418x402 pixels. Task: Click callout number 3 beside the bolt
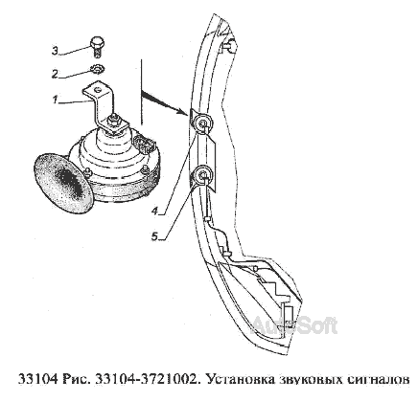coord(56,51)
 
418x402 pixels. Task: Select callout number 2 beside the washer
coord(56,74)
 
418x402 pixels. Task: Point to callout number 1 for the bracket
coord(55,100)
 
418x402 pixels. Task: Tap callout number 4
coord(154,211)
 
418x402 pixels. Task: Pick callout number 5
coord(154,236)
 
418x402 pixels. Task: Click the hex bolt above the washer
coord(97,47)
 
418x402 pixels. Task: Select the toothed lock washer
coord(97,70)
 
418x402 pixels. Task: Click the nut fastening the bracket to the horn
coord(114,121)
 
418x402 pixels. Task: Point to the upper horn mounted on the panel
coord(202,123)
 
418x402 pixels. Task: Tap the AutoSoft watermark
coord(293,326)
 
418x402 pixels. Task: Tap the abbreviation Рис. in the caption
coord(75,379)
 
